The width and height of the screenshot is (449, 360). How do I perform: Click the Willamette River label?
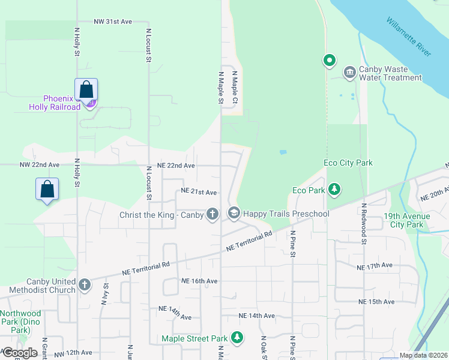tap(409, 37)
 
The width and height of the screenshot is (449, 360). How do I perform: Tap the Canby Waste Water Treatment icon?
tap(349, 73)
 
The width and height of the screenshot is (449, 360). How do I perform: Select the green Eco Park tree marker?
tap(334, 190)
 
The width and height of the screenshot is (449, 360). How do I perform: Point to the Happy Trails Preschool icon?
tap(234, 214)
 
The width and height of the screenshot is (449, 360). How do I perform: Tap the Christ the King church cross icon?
tap(212, 214)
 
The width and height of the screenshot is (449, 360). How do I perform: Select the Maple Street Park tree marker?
tap(238, 338)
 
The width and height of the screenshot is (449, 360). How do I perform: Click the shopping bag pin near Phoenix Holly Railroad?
tap(86, 90)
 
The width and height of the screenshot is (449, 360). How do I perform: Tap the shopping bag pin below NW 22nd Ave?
tap(47, 190)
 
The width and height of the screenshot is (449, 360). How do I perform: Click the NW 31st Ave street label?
tap(112, 22)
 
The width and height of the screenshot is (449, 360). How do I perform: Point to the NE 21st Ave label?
tap(199, 192)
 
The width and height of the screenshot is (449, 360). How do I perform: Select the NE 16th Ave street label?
tap(199, 281)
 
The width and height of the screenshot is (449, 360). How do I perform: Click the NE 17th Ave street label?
tap(374, 266)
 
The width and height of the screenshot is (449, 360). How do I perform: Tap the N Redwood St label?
tap(364, 224)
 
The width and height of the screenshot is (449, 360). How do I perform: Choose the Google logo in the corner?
tap(19, 353)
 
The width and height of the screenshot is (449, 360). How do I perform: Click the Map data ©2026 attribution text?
tap(423, 355)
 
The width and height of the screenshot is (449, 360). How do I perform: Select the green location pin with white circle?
tap(329, 60)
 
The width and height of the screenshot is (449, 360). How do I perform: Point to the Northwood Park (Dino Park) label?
tap(21, 322)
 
